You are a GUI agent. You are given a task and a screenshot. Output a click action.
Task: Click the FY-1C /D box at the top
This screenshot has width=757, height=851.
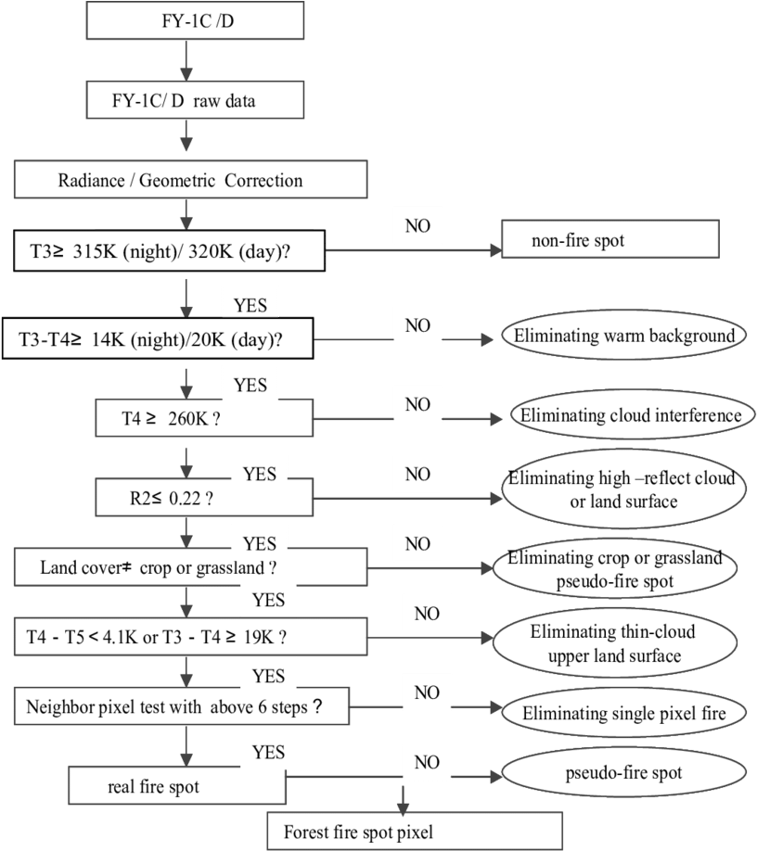(195, 20)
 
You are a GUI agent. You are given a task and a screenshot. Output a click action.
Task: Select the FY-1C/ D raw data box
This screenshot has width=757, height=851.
(195, 100)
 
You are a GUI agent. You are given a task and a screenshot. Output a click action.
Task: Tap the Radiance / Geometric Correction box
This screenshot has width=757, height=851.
(190, 179)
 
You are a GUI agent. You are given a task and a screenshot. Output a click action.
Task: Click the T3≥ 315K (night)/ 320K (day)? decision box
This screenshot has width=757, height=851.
(170, 250)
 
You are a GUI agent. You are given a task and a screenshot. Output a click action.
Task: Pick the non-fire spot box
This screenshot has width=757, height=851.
(610, 239)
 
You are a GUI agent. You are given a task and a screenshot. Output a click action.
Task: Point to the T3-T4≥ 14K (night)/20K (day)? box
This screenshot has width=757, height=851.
(158, 338)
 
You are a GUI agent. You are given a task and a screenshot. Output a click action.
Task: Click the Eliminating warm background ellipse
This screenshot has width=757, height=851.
(623, 335)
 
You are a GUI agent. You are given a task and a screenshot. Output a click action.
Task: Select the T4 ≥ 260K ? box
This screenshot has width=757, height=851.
(204, 418)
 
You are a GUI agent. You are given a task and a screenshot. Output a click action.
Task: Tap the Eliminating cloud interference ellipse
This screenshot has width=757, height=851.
(633, 415)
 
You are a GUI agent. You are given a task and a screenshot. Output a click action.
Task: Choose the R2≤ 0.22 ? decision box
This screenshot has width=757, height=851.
(204, 497)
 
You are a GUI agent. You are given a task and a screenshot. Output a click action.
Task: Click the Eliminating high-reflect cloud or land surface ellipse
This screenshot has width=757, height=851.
(624, 489)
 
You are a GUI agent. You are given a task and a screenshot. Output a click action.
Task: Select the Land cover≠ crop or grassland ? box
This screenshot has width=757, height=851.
(190, 567)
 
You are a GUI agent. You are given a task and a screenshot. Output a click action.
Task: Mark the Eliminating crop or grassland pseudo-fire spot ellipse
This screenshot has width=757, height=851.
(615, 568)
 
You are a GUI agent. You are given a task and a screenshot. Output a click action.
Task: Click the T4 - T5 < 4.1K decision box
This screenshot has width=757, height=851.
(190, 636)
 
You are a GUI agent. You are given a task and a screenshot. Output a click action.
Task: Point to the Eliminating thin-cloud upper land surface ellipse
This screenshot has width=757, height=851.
(615, 642)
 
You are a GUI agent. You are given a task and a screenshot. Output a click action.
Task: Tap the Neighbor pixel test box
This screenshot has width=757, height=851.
(182, 706)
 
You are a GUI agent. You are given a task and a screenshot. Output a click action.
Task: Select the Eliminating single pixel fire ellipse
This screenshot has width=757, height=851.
(624, 712)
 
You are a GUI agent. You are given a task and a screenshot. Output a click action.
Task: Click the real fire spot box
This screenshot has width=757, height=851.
(177, 785)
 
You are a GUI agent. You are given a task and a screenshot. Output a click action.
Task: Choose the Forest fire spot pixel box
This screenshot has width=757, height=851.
(415, 831)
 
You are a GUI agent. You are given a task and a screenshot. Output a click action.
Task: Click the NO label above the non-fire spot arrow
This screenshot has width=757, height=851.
(417, 226)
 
